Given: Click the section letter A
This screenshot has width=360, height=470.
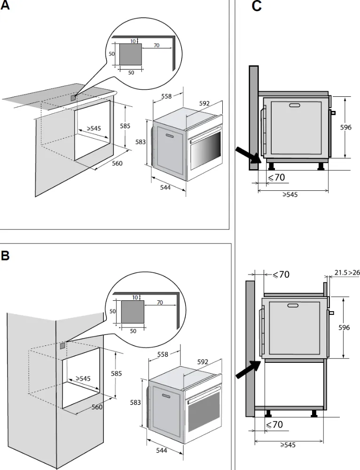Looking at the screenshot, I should click(x=5, y=8).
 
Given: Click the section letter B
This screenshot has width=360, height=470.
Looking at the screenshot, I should click(x=5, y=256).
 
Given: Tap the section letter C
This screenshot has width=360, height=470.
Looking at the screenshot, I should click(x=257, y=7).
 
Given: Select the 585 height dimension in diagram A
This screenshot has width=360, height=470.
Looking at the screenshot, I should click(x=125, y=126).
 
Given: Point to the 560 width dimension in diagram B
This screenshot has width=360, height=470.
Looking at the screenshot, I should click(x=97, y=407).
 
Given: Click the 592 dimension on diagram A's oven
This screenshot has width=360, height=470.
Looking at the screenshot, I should click(x=203, y=103).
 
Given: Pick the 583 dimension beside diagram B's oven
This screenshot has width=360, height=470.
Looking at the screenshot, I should click(x=135, y=402).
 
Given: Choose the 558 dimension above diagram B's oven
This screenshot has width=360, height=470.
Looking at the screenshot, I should click(x=163, y=355).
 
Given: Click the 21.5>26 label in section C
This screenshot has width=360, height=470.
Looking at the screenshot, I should click(x=347, y=272).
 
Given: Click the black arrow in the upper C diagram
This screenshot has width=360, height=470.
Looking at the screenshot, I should click(x=247, y=156).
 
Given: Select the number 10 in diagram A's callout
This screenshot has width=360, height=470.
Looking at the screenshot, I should click(x=133, y=41).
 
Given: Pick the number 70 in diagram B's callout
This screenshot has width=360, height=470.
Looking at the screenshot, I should click(x=160, y=303).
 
